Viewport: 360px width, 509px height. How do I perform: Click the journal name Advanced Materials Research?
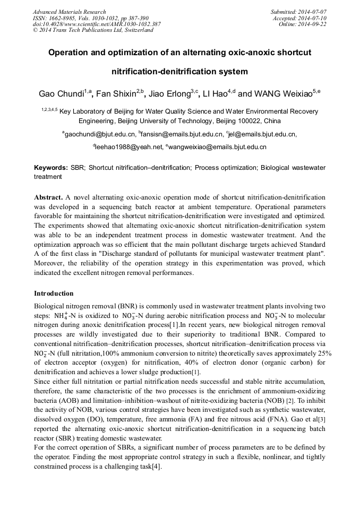pos(69,12)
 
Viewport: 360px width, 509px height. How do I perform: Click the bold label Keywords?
pos(51,168)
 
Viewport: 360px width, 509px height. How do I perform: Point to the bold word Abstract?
pos(49,196)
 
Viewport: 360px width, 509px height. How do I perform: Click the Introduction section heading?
pos(54,294)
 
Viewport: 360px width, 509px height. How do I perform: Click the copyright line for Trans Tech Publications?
pos(93,31)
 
